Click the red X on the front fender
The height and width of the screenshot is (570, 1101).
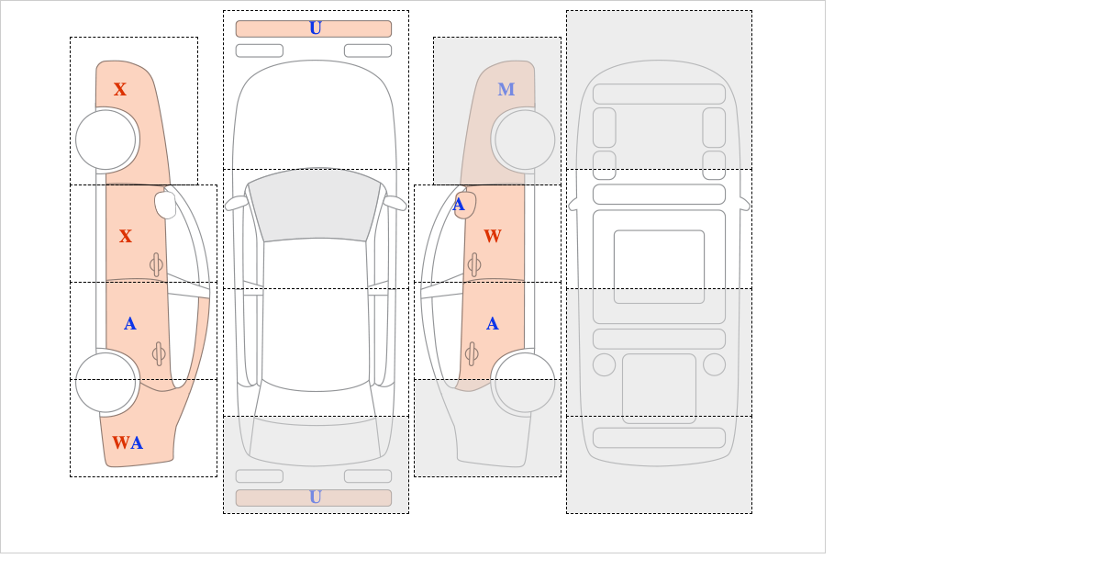120,89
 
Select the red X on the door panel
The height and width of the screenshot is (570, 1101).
126,236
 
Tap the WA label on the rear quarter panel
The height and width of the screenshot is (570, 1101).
128,442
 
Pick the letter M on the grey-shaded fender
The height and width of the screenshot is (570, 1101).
506,89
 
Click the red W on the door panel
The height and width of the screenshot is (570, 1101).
493,236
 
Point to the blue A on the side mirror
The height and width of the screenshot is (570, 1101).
459,205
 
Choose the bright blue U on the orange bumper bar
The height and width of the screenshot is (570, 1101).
316,28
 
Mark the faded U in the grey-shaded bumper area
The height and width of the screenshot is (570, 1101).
316,497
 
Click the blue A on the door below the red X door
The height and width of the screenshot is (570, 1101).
129,324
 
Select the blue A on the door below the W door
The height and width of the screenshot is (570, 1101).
493,324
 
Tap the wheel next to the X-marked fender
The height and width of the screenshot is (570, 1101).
106,140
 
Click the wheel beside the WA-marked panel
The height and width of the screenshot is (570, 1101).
106,382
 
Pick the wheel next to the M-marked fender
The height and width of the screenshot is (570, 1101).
525,140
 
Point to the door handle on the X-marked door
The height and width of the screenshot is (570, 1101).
156,264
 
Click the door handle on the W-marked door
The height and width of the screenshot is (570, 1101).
474,264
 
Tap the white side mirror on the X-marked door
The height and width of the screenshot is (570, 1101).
166,205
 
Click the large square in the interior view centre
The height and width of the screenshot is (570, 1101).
659,266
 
